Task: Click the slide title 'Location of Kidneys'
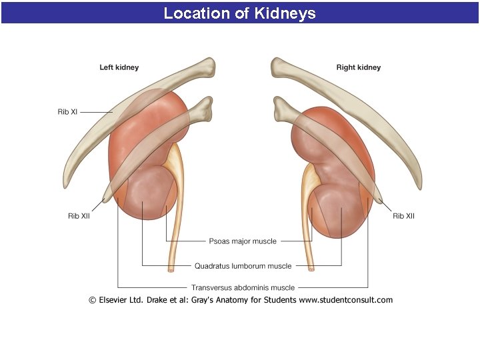point(240,13)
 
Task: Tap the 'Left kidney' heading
point(119,67)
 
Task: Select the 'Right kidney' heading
point(359,67)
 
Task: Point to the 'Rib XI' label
point(67,112)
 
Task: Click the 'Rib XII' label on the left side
point(79,216)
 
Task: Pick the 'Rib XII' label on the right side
point(403,216)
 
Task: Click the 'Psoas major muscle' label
point(243,241)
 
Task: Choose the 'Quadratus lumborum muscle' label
point(243,266)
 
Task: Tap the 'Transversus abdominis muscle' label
point(243,288)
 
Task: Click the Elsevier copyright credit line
point(241,300)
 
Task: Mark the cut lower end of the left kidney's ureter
point(171,269)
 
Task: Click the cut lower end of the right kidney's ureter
point(311,269)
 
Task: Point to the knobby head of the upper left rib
point(209,66)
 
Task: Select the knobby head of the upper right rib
point(279,66)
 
